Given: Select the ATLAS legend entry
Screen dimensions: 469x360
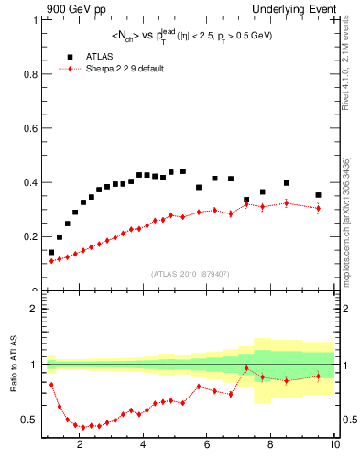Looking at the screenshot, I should [101, 56].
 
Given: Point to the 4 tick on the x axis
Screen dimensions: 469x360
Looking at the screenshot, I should [144, 446].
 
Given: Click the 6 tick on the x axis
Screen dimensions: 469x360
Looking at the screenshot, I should [207, 446].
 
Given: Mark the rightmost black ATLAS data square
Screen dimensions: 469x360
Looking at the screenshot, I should [318, 195].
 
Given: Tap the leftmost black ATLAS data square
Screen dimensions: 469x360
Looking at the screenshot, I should [51, 252].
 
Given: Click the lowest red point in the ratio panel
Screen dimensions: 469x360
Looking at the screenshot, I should [83, 427].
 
